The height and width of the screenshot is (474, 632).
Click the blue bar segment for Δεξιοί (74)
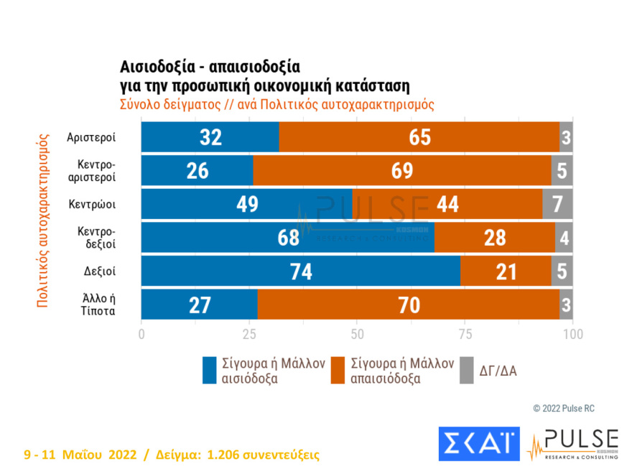click(300, 271)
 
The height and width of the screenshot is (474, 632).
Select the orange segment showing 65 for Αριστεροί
click(418, 137)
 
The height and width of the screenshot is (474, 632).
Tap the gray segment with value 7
click(557, 204)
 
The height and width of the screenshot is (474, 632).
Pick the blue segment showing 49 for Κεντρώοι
click(246, 204)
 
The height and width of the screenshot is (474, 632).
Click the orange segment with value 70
click(408, 305)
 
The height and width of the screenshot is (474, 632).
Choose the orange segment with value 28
click(494, 238)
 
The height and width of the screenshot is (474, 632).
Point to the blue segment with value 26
click(197, 171)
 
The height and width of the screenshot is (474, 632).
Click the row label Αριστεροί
click(90, 137)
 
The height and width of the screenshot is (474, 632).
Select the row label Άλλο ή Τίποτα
click(90, 305)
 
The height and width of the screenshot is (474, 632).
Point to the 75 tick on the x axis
click(465, 334)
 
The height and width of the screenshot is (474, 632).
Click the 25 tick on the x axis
click(249, 334)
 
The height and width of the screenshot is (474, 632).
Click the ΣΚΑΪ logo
click(478, 443)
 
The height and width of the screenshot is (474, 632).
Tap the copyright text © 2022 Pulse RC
click(564, 408)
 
